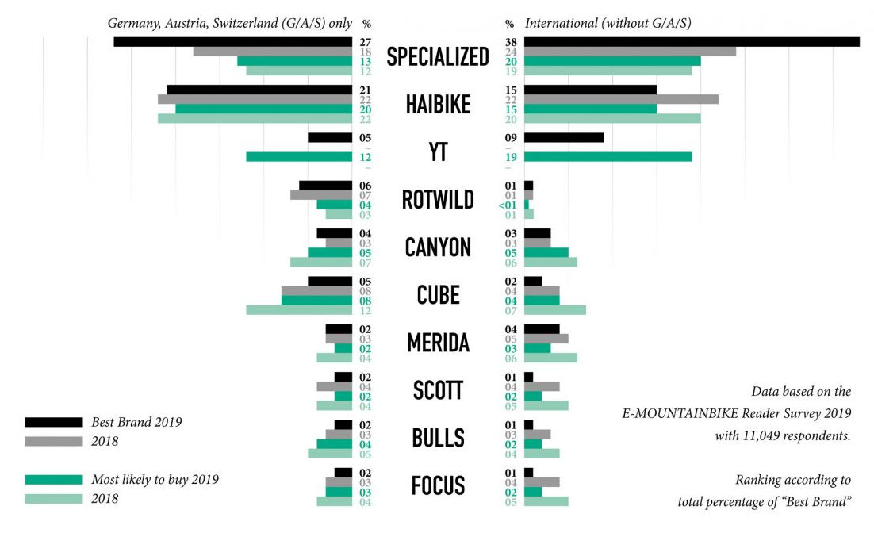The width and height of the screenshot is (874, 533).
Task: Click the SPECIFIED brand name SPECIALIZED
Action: tap(438, 56)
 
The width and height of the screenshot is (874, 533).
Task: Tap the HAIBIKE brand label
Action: tap(438, 104)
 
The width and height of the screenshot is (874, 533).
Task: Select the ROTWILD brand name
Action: tap(438, 199)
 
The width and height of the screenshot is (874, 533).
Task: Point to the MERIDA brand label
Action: tap(438, 343)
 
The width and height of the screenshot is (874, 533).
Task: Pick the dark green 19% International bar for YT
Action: tap(608, 157)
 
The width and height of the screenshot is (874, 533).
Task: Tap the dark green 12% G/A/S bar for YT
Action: tap(299, 157)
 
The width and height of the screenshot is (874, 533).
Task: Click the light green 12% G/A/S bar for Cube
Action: tap(299, 309)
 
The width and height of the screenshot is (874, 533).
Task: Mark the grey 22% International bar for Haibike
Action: tap(621, 99)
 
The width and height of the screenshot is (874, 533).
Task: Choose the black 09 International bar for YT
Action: tap(564, 138)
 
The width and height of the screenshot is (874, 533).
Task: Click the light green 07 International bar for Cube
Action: tap(555, 309)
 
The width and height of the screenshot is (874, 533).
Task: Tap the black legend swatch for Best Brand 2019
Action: tap(54, 422)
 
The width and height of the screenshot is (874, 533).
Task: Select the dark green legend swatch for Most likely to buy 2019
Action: tap(54, 480)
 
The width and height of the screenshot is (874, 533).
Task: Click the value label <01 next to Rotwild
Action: tap(508, 205)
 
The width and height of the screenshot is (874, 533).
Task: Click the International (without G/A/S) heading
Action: tap(608, 23)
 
